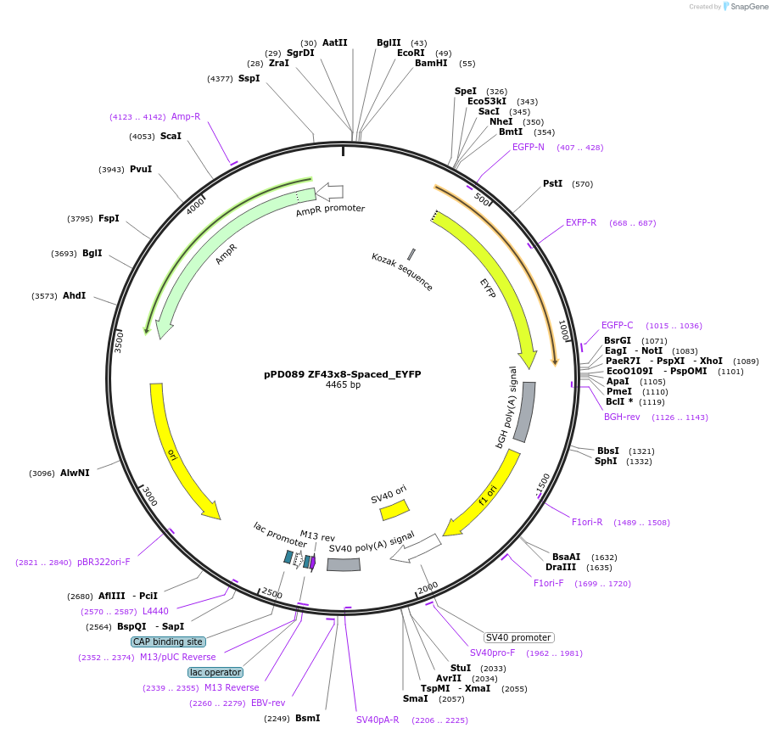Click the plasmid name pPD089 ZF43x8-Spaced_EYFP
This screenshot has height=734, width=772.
[x=342, y=373]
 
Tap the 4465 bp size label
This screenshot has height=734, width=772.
[x=342, y=384]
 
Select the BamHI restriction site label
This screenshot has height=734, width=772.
[x=431, y=63]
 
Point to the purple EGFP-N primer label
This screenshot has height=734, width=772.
[x=529, y=147]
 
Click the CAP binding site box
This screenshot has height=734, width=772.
[x=168, y=642]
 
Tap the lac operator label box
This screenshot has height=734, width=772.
[x=215, y=672]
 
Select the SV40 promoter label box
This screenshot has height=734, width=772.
[x=518, y=637]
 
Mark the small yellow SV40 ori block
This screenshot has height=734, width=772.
[x=394, y=509]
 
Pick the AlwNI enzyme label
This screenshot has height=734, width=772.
[x=75, y=473]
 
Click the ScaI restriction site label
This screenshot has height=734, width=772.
[x=171, y=136]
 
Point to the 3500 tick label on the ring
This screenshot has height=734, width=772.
[x=119, y=341]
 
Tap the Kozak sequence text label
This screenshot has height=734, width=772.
[x=402, y=272]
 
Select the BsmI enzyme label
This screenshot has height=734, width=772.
[x=307, y=718]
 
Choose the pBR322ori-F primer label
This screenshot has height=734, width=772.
[x=103, y=562]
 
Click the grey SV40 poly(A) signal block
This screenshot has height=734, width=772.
[x=344, y=564]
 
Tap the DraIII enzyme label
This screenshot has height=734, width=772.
[x=561, y=567]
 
